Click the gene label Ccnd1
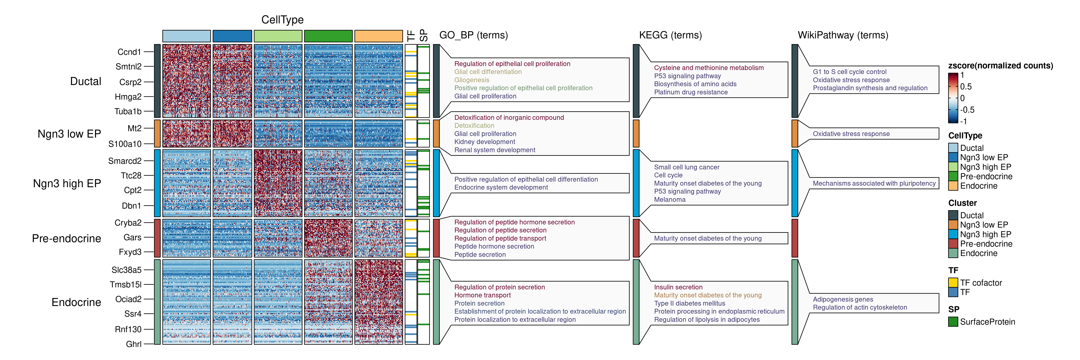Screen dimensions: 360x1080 [x=129, y=52]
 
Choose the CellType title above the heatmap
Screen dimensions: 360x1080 [x=282, y=20]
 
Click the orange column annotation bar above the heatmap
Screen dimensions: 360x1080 [x=378, y=36]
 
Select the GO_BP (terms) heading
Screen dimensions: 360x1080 [x=473, y=35]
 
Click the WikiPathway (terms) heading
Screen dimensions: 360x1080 [x=843, y=35]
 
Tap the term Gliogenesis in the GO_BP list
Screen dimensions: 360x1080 [x=472, y=80]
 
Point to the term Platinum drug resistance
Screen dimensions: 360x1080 [x=691, y=92]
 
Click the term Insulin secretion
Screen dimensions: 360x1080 [x=678, y=287]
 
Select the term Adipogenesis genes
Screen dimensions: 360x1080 [x=843, y=299]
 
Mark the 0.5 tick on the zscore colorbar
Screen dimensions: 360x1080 [x=966, y=87]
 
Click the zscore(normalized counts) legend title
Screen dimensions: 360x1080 [x=1000, y=66]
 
